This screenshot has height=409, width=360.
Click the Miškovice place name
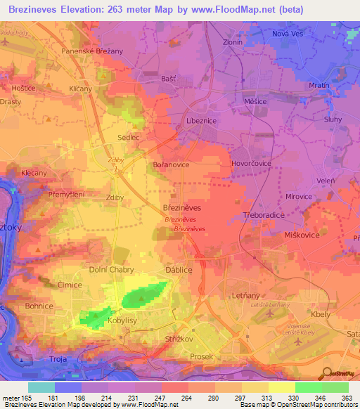coord(301,235)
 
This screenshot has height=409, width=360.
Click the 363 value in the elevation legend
coord(347,397)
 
